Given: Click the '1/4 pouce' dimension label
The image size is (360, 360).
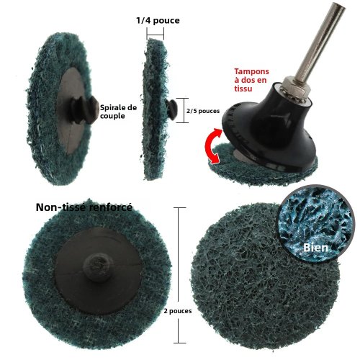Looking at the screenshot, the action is tap(158, 20).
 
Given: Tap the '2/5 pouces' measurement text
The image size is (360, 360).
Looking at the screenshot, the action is tap(203, 111).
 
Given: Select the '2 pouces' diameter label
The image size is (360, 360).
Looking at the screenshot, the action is tap(178, 311).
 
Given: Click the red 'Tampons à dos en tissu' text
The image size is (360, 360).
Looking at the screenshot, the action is tap(251, 80).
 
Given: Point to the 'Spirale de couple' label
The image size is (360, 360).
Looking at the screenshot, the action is tap(118, 112).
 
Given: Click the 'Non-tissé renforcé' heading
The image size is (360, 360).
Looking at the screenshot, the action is tap(84, 207).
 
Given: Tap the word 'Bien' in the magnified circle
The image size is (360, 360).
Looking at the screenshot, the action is tap(315, 248).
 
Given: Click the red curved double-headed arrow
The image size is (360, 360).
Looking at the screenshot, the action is tap(211, 145).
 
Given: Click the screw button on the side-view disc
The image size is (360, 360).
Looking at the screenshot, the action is tap(171, 109).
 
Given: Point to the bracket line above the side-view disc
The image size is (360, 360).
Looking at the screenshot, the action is tap(155, 35).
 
